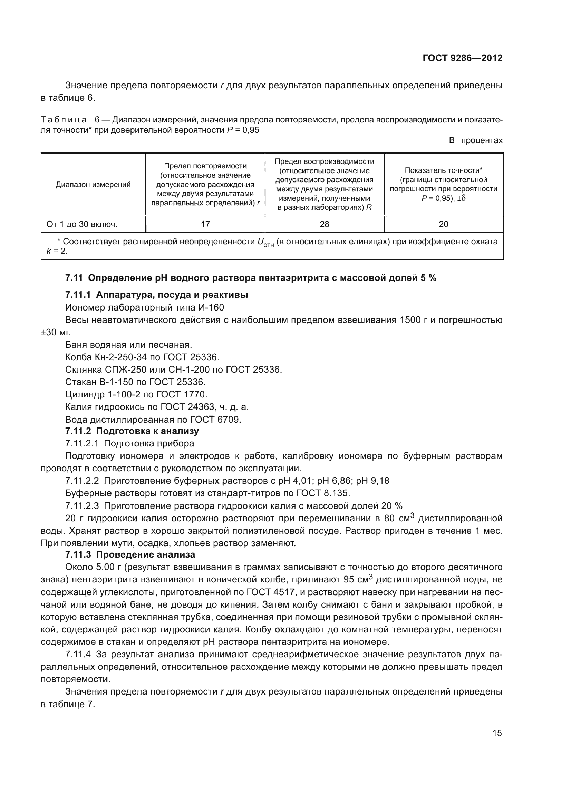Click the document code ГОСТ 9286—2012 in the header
tap(462, 58)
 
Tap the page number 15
tap(497, 733)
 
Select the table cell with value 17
tap(205, 224)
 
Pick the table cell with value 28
tap(324, 224)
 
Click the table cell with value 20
tap(443, 224)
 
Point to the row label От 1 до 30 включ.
tap(82, 224)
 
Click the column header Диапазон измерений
tap(93, 185)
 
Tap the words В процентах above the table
tap(476, 140)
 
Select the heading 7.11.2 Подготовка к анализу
tap(132, 431)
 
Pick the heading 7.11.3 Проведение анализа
tap(130, 555)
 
